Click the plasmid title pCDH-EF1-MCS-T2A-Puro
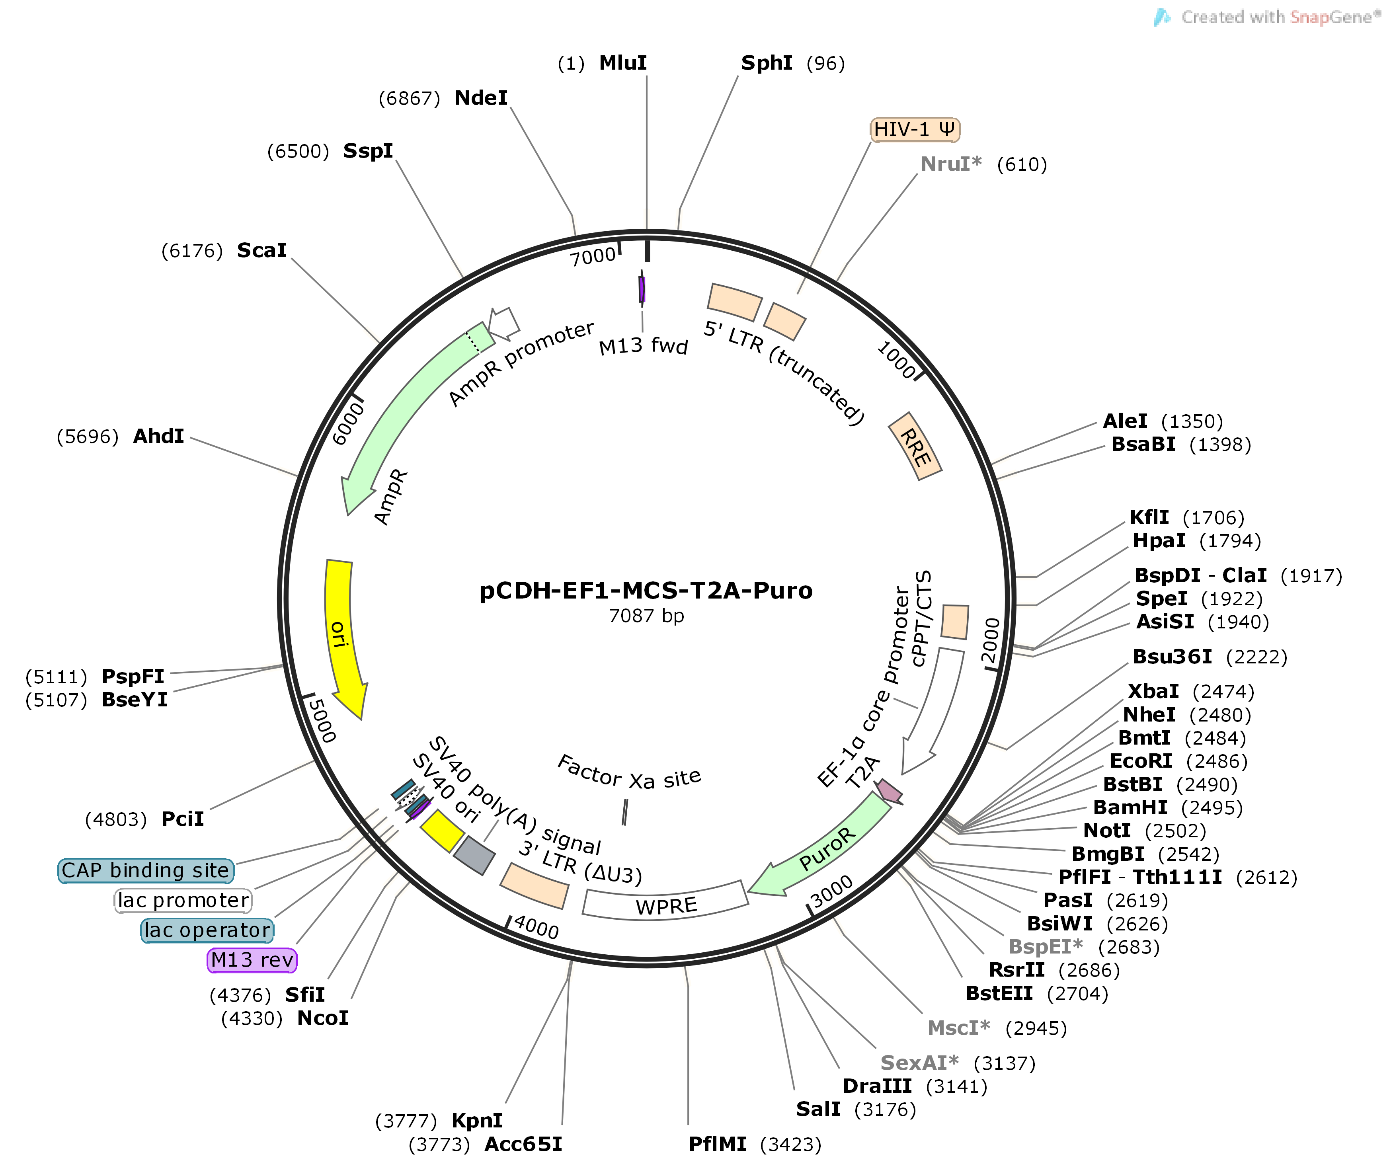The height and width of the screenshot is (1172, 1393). [x=646, y=590]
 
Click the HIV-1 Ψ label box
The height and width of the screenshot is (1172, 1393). [x=914, y=130]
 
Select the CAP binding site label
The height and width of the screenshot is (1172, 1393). [x=146, y=870]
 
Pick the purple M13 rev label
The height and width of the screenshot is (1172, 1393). [x=252, y=960]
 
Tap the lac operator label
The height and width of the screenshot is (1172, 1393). [x=207, y=930]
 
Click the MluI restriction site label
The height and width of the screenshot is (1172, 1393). [x=622, y=63]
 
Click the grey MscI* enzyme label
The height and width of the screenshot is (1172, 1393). [x=957, y=1028]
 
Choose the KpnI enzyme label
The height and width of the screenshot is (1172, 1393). [x=476, y=1121]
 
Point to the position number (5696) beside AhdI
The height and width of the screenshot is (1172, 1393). [x=88, y=437]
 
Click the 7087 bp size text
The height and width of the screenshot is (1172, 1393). [x=646, y=616]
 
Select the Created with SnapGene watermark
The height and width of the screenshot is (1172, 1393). [x=1270, y=17]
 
